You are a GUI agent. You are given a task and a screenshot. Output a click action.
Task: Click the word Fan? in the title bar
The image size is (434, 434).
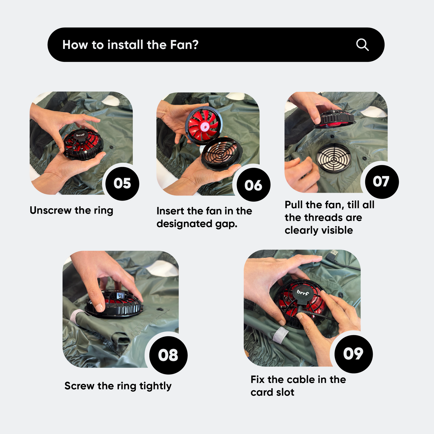184,44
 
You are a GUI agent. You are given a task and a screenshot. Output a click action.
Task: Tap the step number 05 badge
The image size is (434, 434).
122,183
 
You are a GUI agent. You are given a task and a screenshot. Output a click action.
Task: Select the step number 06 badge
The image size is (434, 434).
253,185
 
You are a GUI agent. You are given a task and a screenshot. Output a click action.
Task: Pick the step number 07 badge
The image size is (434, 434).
381,181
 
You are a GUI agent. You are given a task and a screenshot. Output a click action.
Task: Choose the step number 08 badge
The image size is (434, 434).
168,355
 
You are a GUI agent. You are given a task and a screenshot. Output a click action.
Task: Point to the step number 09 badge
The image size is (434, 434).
354,354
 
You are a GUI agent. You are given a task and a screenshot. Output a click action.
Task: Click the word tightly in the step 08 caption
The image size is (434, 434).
155,386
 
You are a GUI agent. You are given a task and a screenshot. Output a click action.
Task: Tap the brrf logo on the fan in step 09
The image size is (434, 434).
303,292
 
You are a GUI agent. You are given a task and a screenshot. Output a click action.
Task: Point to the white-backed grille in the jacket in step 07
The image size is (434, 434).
334,158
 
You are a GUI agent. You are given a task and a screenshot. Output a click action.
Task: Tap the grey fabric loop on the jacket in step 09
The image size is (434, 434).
280,335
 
